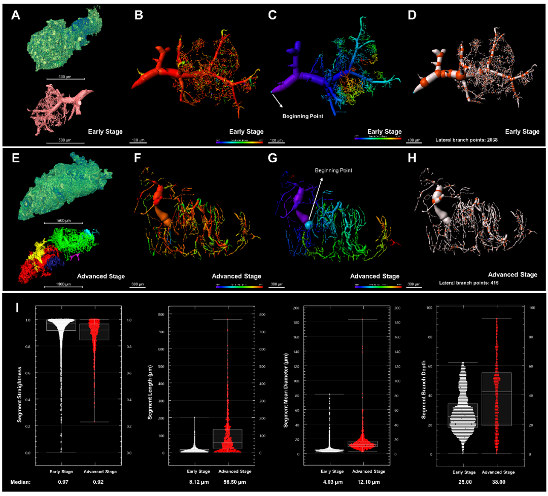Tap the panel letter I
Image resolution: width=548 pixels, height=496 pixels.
18,307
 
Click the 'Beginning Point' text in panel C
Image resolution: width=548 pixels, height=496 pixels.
302,115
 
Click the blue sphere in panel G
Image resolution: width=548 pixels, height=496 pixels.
307,224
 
